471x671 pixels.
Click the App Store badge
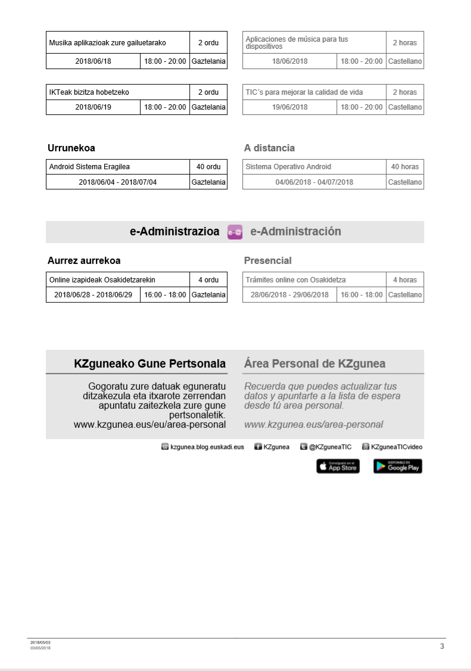pyautogui.click(x=338, y=467)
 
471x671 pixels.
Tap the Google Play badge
pyautogui.click(x=398, y=467)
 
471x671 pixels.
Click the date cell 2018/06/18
pyautogui.click(x=93, y=61)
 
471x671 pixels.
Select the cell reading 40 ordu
pyautogui.click(x=208, y=167)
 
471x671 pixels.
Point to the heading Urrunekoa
pyautogui.click(x=71, y=148)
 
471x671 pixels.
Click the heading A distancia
pyautogui.click(x=269, y=148)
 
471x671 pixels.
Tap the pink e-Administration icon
pyautogui.click(x=235, y=232)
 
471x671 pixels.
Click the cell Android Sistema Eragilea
pyautogui.click(x=89, y=167)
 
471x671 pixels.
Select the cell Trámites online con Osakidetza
pyautogui.click(x=296, y=280)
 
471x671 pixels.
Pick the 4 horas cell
pyautogui.click(x=405, y=280)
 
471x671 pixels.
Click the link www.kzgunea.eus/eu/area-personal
pyautogui.click(x=149, y=425)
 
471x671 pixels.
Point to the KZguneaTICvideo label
pyautogui.click(x=397, y=447)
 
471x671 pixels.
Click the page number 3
pyautogui.click(x=442, y=646)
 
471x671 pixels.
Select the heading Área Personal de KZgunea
pyautogui.click(x=314, y=364)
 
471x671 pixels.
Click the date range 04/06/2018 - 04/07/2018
pyautogui.click(x=314, y=182)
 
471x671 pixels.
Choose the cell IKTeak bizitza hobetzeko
pyautogui.click(x=89, y=92)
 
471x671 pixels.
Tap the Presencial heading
pyautogui.click(x=268, y=260)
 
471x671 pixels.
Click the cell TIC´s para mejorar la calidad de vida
pyautogui.click(x=304, y=92)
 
